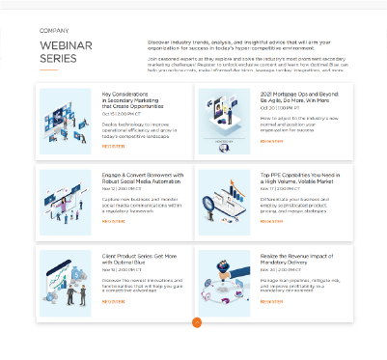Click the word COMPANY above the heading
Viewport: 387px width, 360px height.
(x=54, y=31)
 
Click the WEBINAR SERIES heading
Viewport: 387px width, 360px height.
(x=65, y=52)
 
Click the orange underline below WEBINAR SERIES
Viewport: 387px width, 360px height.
(x=48, y=70)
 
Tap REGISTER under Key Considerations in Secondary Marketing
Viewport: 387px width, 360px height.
(x=113, y=146)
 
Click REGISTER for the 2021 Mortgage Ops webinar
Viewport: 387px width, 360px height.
(x=271, y=140)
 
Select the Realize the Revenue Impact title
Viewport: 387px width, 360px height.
(x=296, y=259)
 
